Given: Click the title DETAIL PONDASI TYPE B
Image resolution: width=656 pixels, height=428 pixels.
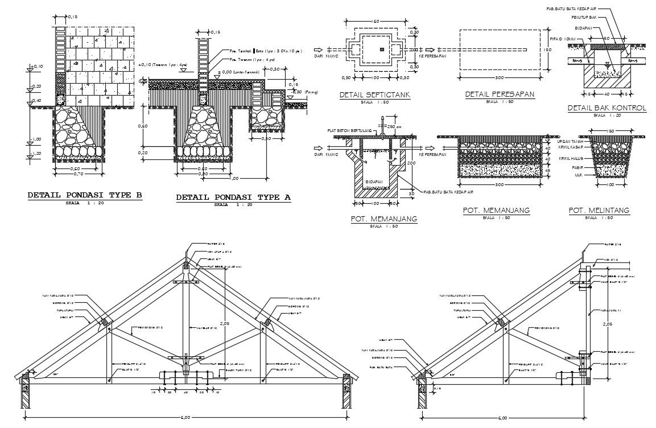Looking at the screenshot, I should click(x=85, y=196).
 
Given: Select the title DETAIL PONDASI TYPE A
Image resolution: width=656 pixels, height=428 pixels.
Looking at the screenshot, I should click(x=233, y=197).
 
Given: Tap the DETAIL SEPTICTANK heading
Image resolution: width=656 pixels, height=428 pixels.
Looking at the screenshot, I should click(x=375, y=94).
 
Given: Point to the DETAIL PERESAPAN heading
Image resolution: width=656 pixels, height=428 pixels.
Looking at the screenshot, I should click(x=500, y=94).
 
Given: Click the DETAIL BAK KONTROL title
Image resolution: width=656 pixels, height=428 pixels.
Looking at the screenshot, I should click(x=607, y=108).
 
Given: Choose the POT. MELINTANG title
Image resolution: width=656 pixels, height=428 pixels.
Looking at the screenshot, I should click(x=599, y=211).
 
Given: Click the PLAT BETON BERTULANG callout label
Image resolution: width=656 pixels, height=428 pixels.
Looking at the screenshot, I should click(x=349, y=130).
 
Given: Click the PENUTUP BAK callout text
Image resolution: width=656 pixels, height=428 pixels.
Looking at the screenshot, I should click(x=584, y=18).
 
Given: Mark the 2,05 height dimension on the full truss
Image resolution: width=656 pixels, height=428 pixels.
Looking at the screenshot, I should click(x=227, y=323).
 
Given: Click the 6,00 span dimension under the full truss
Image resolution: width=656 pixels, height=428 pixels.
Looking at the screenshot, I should click(x=185, y=418).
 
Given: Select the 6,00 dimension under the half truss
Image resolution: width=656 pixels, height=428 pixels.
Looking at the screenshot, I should click(x=502, y=418).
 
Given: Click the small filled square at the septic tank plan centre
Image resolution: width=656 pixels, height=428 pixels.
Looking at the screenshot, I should click(x=382, y=50).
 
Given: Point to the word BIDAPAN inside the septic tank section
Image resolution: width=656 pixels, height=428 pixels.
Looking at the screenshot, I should click(x=374, y=180).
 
